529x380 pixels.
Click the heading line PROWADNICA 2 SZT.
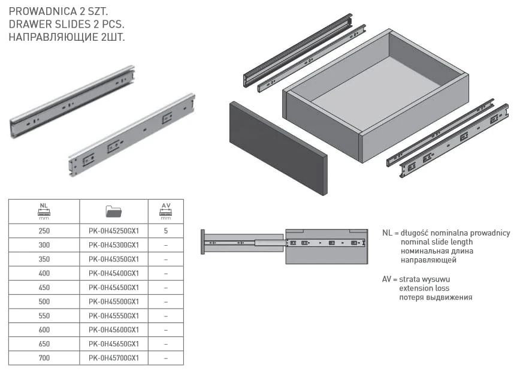(58, 11)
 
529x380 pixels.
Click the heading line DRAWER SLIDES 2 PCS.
(66, 25)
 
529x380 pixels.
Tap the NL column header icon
(44, 211)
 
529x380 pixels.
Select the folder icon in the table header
(113, 211)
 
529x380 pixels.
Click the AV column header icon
(166, 211)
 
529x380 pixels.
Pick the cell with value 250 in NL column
(44, 231)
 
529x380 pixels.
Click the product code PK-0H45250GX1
(114, 231)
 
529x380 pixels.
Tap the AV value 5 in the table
(166, 231)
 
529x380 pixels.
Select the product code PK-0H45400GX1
(114, 273)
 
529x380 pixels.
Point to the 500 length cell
(44, 301)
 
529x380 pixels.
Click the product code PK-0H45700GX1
(114, 358)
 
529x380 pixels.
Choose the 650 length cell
(44, 344)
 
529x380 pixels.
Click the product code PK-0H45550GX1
(114, 316)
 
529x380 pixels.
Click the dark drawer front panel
(279, 149)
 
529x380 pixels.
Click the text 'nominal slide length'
(437, 242)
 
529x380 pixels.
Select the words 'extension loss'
(424, 288)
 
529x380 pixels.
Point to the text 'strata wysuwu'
(424, 279)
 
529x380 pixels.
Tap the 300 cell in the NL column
(44, 245)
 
